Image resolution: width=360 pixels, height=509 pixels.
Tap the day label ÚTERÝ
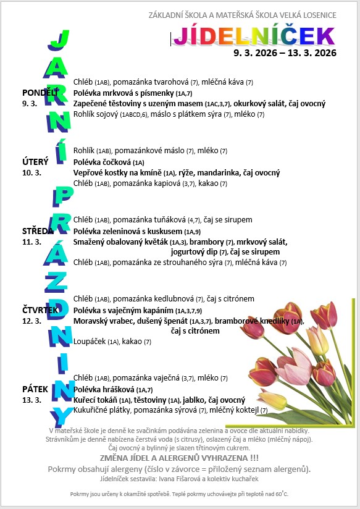pyautogui.click(x=35, y=162)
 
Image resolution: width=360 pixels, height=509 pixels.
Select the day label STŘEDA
pyautogui.click(x=38, y=230)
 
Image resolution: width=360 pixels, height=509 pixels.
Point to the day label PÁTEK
pyautogui.click(x=35, y=389)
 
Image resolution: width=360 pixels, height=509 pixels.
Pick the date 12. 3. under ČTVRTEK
pyautogui.click(x=31, y=321)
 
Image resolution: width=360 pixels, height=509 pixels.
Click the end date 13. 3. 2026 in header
pyautogui.click(x=312, y=53)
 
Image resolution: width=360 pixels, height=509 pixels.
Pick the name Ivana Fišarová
pyautogui.click(x=180, y=479)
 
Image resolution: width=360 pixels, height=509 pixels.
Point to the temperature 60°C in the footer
pyautogui.click(x=282, y=494)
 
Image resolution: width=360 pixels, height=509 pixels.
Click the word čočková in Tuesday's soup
pyautogui.click(x=115, y=162)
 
